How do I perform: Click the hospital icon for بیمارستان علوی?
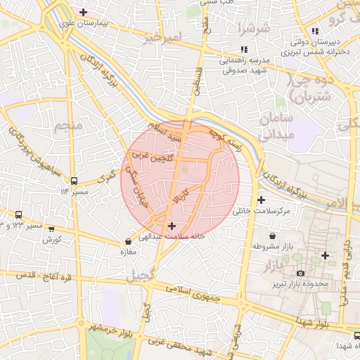point(84,12)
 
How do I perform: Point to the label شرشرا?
point(255,30)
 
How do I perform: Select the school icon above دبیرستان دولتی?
point(315,31)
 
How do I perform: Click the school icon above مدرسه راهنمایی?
point(243,49)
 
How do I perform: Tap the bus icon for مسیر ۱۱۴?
point(74,179)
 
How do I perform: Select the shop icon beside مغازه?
point(127,242)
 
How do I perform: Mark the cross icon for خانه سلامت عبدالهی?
point(172,226)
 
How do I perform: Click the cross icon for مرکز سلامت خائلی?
point(261,200)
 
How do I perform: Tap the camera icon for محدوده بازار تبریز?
point(300,272)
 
